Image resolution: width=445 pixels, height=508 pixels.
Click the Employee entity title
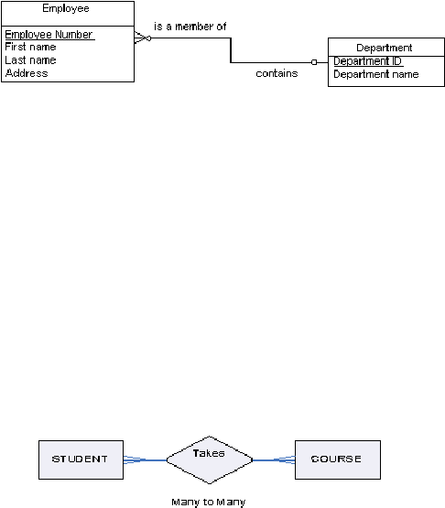point(66,8)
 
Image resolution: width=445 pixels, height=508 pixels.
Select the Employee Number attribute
point(49,35)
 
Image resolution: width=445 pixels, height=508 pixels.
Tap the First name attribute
point(30,47)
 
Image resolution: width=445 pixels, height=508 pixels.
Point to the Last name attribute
point(30,59)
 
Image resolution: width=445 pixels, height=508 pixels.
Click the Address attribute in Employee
point(27,73)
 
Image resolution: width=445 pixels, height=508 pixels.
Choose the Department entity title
point(385,48)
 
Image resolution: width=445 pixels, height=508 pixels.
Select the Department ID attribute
point(367,61)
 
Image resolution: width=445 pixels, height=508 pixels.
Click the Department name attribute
point(376,74)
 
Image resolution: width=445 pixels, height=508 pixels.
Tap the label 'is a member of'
point(190,27)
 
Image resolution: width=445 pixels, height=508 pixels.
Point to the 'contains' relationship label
point(277,73)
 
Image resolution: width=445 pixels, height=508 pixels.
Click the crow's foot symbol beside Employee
point(143,38)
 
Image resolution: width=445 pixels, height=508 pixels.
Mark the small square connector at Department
point(314,62)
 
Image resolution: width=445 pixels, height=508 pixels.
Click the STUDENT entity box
point(81,459)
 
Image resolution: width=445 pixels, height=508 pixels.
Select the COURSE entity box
point(338,459)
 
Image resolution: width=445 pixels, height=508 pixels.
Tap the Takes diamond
point(210,459)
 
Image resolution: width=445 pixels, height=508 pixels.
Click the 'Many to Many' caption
point(209,503)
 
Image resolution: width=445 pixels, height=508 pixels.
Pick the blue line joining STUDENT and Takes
point(145,459)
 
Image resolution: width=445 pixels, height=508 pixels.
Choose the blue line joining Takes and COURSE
point(274,459)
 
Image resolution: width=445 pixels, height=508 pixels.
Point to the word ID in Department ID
point(396,61)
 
